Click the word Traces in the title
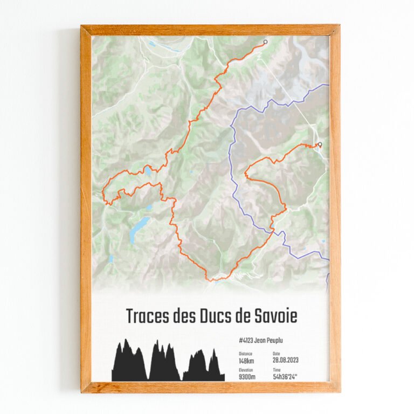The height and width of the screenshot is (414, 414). (148, 316)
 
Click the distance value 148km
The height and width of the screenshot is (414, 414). (247, 360)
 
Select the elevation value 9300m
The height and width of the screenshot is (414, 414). (248, 377)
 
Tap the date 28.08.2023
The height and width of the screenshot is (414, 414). (286, 360)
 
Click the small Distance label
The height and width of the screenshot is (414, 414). (245, 354)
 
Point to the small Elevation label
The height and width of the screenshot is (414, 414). (246, 370)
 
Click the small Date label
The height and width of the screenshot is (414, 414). (277, 354)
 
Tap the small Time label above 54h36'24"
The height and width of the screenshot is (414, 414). (277, 370)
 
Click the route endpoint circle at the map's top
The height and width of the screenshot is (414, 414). (265, 42)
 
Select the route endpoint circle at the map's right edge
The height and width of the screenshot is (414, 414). (320, 144)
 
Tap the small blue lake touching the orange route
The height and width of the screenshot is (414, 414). (147, 172)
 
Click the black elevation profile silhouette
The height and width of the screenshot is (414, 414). (162, 364)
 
